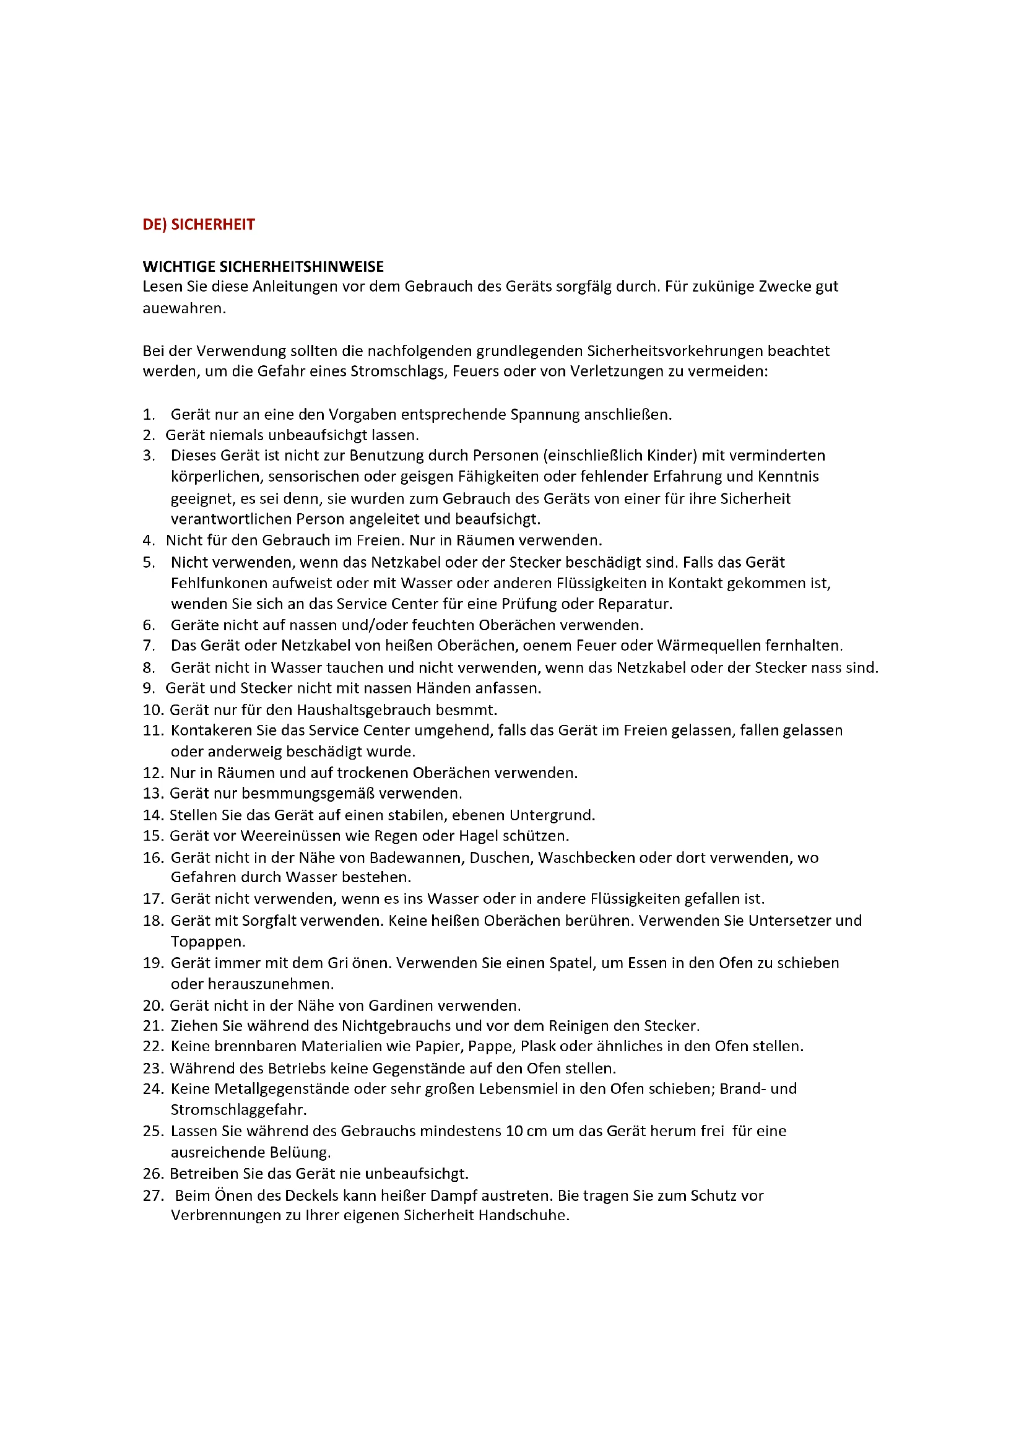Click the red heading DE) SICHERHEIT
199,225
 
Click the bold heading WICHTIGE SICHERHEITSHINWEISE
263,267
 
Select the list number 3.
148,456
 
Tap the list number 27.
153,1196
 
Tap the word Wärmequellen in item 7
709,645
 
